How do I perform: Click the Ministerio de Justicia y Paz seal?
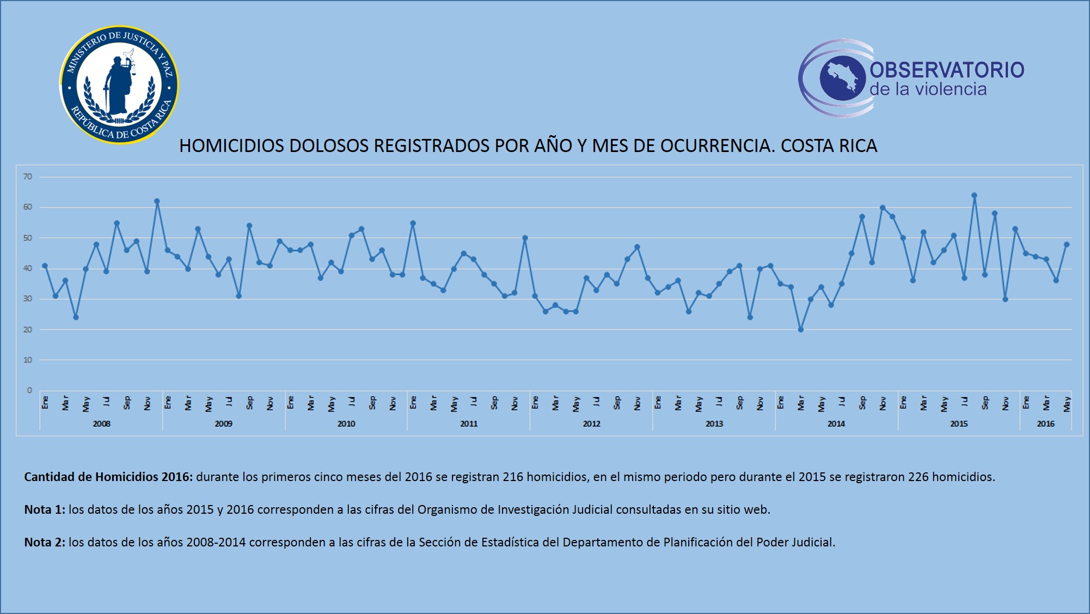pyautogui.click(x=119, y=85)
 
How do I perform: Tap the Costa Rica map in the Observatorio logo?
pyautogui.click(x=842, y=78)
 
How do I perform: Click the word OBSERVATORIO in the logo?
pyautogui.click(x=947, y=70)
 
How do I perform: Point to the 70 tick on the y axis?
pyautogui.click(x=28, y=177)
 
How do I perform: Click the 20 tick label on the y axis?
pyautogui.click(x=28, y=330)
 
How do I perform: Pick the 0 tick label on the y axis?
pyautogui.click(x=29, y=391)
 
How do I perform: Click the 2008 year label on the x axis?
pyautogui.click(x=101, y=424)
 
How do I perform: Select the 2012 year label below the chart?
pyautogui.click(x=591, y=424)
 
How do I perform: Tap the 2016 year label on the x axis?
pyautogui.click(x=1045, y=424)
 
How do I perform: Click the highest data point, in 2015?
pyautogui.click(x=974, y=196)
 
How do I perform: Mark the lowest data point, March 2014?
pyautogui.click(x=800, y=330)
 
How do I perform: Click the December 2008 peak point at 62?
pyautogui.click(x=157, y=201)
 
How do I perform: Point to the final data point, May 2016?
pyautogui.click(x=1067, y=245)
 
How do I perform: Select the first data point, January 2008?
pyautogui.click(x=45, y=266)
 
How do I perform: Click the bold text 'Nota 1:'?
pyautogui.click(x=45, y=510)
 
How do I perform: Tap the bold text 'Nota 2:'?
pyautogui.click(x=45, y=543)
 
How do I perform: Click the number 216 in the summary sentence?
pyautogui.click(x=513, y=477)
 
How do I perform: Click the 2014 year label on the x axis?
pyautogui.click(x=836, y=424)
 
